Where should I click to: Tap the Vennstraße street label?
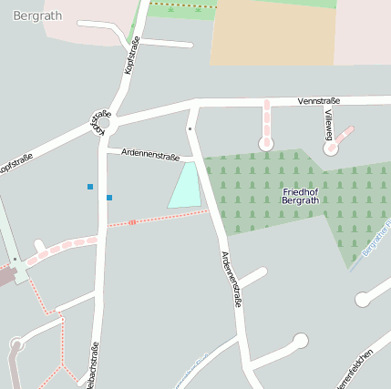(x=318, y=100)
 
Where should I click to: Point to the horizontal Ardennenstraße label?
(x=149, y=156)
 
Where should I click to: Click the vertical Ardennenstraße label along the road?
(x=231, y=279)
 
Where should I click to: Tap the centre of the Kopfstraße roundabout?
(x=103, y=123)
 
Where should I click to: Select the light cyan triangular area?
(x=185, y=188)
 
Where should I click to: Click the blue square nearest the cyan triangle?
(x=109, y=198)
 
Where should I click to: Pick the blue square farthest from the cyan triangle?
(x=90, y=187)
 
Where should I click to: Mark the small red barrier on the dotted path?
(x=133, y=221)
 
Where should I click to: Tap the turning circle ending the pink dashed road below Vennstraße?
(x=266, y=143)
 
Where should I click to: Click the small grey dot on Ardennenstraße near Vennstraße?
(x=190, y=129)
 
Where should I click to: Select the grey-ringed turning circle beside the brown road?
(x=15, y=344)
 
